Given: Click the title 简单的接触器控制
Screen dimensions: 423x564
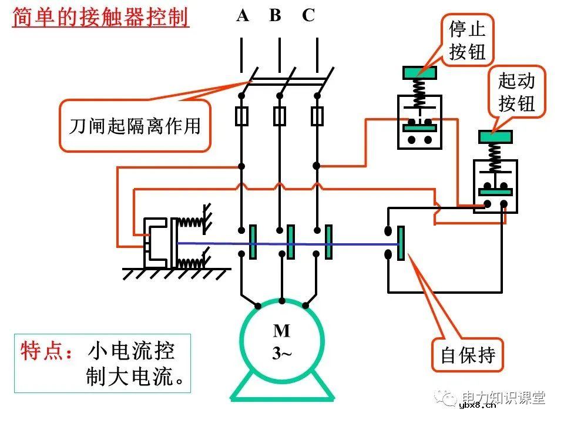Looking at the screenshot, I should pyautogui.click(x=100, y=17).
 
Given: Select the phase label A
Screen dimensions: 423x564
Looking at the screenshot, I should pyautogui.click(x=242, y=16).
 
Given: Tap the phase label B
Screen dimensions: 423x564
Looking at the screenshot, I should pyautogui.click(x=275, y=16).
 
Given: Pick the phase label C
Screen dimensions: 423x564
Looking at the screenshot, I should pyautogui.click(x=308, y=16).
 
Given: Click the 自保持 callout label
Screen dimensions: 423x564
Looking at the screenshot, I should pyautogui.click(x=468, y=355).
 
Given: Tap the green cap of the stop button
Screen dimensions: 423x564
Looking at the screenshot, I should pyautogui.click(x=419, y=73).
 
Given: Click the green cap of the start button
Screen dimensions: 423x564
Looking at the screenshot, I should pyautogui.click(x=496, y=136).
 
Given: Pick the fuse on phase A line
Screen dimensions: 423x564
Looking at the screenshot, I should pyautogui.click(x=241, y=116).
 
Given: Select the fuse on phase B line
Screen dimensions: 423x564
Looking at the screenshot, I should pyautogui.click(x=280, y=116).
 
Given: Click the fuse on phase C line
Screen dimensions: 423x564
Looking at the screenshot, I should pyautogui.click(x=317, y=116).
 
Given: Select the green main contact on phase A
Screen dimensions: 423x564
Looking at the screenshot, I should pyautogui.click(x=253, y=242).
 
